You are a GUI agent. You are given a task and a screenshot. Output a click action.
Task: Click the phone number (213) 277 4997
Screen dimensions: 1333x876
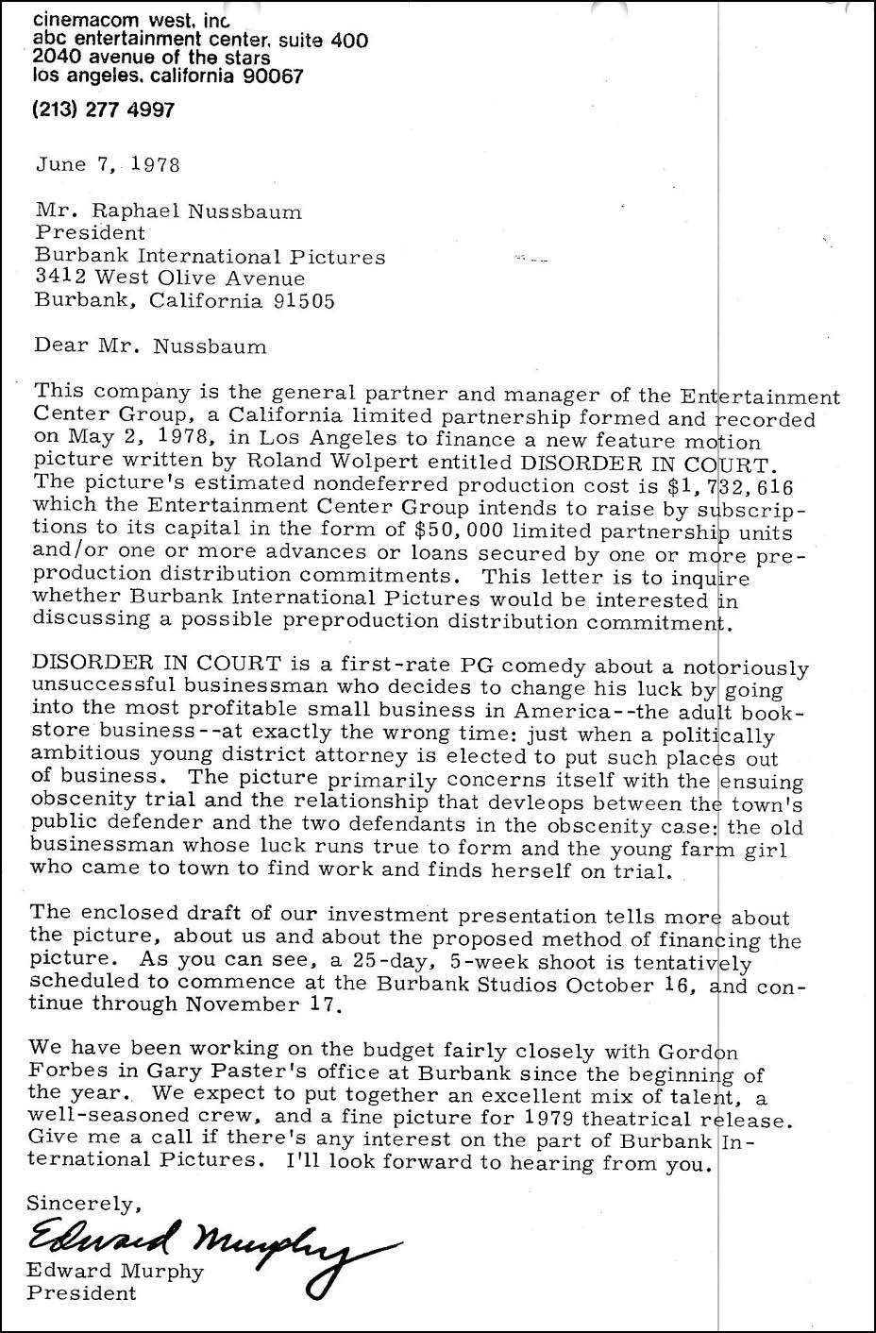(104, 110)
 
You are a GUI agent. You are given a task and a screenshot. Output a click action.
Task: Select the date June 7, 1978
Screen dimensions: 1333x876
(108, 163)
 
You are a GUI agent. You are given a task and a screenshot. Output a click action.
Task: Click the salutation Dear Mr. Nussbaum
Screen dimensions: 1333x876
(150, 346)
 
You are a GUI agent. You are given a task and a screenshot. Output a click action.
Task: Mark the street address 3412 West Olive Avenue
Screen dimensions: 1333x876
(170, 278)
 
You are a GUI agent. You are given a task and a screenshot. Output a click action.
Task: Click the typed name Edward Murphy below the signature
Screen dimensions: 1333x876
(115, 1271)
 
